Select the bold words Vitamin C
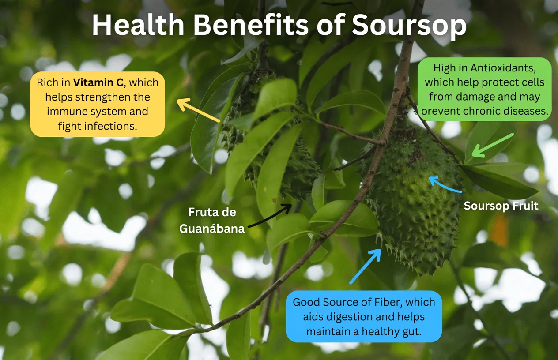click(98, 82)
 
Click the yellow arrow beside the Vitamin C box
click(198, 110)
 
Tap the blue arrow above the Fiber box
click(366, 266)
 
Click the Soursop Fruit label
click(501, 206)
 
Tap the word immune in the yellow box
click(65, 112)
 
